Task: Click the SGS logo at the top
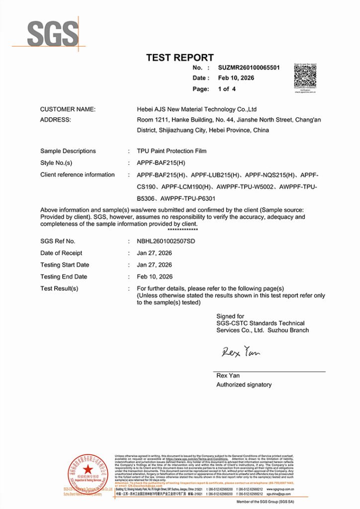pyautogui.click(x=52, y=34)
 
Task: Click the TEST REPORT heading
pyautogui.click(x=180, y=58)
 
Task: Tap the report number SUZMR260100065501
pyautogui.click(x=249, y=68)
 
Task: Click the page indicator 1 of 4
pyautogui.click(x=227, y=89)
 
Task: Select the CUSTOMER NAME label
pyautogui.click(x=68, y=109)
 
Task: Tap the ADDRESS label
pyautogui.click(x=55, y=120)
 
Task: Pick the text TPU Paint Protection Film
pyautogui.click(x=172, y=151)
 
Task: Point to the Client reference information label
pyautogui.click(x=77, y=175)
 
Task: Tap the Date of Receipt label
pyautogui.click(x=61, y=253)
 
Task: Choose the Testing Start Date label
pyautogui.click(x=65, y=265)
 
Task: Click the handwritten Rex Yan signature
pyautogui.click(x=241, y=352)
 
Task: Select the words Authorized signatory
pyautogui.click(x=244, y=385)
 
